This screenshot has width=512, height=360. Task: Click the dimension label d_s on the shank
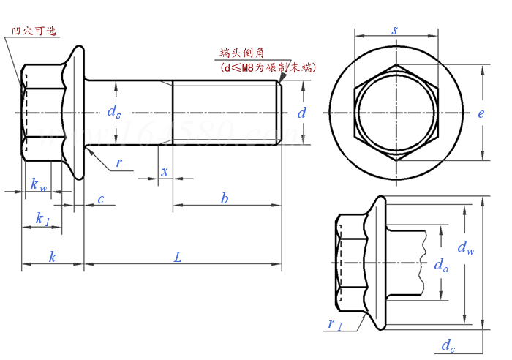click(x=113, y=112)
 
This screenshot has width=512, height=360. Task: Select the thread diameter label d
click(x=301, y=113)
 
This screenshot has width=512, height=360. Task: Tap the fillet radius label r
click(x=119, y=162)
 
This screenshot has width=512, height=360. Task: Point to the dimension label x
click(x=165, y=171)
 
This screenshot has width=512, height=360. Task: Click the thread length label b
click(x=225, y=198)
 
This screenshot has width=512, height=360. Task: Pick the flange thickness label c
click(x=100, y=198)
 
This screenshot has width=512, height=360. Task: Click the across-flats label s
click(x=394, y=30)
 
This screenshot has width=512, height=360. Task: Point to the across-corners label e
click(x=481, y=113)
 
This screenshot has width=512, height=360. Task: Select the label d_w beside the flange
click(x=465, y=248)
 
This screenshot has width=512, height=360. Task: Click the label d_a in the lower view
click(x=441, y=265)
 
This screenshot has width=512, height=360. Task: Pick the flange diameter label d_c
click(x=448, y=345)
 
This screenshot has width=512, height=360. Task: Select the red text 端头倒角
click(x=241, y=53)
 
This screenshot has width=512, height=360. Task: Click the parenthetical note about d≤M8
click(x=267, y=67)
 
